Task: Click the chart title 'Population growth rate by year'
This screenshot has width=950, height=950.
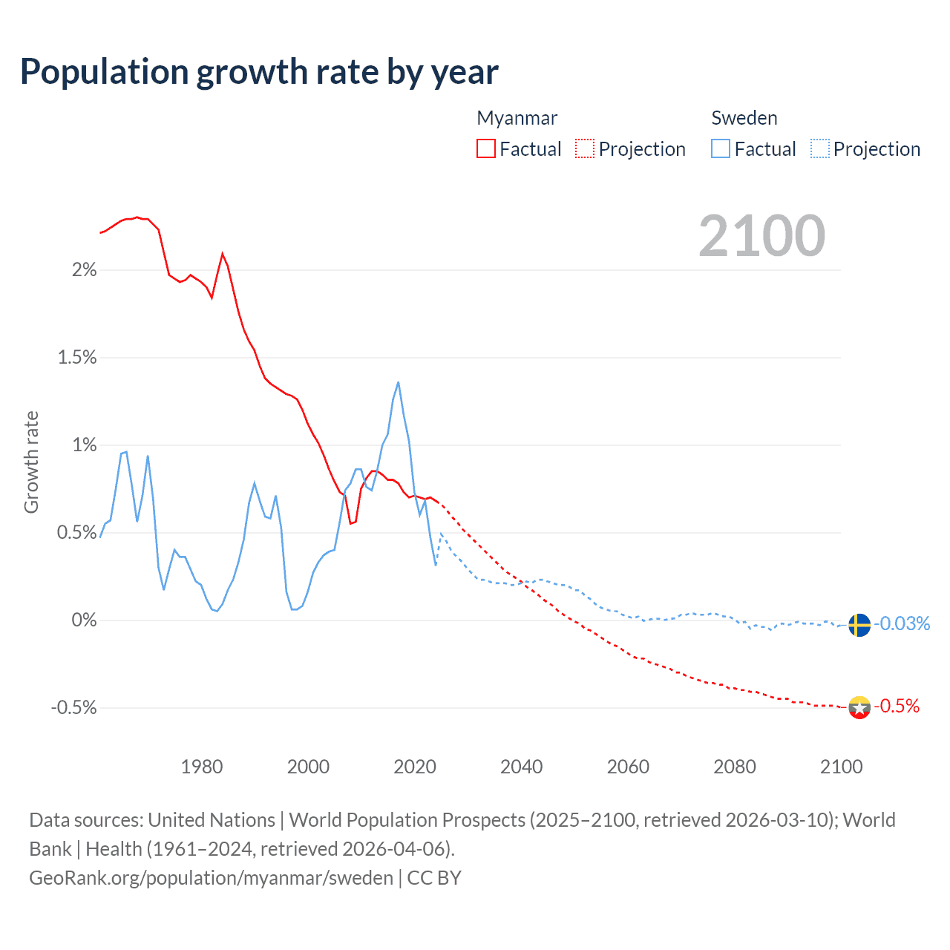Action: pyautogui.click(x=259, y=72)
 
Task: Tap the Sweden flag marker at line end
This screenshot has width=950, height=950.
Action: pyautogui.click(x=859, y=625)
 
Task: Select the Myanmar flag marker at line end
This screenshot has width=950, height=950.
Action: pyautogui.click(x=859, y=707)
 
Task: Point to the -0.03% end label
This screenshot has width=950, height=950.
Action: pyautogui.click(x=902, y=623)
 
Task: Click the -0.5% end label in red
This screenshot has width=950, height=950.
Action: pyautogui.click(x=897, y=706)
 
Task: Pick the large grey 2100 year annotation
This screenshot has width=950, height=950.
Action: pyautogui.click(x=761, y=236)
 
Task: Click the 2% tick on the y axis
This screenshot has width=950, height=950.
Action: pyautogui.click(x=84, y=270)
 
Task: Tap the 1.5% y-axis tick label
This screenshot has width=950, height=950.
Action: pyautogui.click(x=77, y=358)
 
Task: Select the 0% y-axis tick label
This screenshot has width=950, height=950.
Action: pyautogui.click(x=84, y=620)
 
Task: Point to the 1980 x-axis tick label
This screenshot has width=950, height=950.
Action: pyautogui.click(x=202, y=767)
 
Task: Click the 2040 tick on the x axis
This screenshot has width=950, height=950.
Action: pyautogui.click(x=521, y=767)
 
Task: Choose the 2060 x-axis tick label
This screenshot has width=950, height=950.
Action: pyautogui.click(x=628, y=767)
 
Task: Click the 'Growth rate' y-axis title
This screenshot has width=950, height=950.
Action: pyautogui.click(x=31, y=462)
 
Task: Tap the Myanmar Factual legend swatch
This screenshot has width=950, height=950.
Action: pyautogui.click(x=486, y=149)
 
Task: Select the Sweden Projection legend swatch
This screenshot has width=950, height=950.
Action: pyautogui.click(x=819, y=149)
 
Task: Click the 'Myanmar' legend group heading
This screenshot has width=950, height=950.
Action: pyautogui.click(x=517, y=118)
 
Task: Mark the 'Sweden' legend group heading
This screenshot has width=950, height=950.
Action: pyautogui.click(x=744, y=118)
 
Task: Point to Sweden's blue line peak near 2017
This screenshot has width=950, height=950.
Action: pyautogui.click(x=399, y=383)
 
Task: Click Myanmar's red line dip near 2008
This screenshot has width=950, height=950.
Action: pyautogui.click(x=350, y=523)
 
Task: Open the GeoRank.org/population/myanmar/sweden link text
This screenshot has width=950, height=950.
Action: pyautogui.click(x=211, y=878)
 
